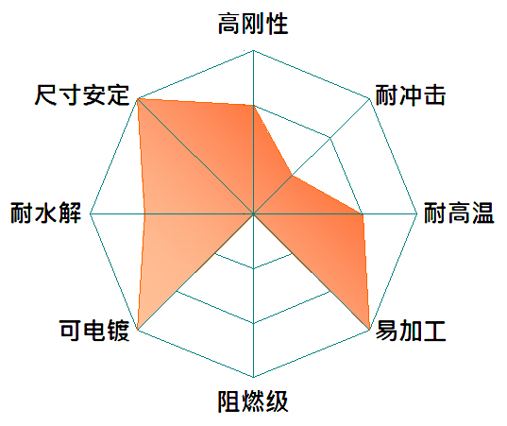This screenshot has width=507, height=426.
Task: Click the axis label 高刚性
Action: [x=253, y=24]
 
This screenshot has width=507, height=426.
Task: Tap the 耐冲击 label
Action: [x=411, y=95]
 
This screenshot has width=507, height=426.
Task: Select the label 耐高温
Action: [x=459, y=213]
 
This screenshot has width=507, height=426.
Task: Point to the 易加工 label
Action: [x=411, y=331]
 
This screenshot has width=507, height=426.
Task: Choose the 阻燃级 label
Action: [x=253, y=401]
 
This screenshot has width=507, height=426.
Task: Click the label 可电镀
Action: [x=94, y=331]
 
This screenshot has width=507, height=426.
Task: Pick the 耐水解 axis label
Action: [x=45, y=213]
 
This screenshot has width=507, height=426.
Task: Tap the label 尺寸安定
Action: [x=82, y=95]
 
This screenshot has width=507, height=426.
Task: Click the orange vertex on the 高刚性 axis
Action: [x=253, y=106]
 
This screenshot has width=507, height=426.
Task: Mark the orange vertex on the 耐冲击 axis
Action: [x=292, y=176]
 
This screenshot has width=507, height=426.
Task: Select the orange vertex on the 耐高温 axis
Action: [x=363, y=214]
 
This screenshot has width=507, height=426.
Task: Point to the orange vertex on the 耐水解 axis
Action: [x=144, y=214]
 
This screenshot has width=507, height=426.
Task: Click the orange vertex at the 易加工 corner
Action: [x=369, y=330]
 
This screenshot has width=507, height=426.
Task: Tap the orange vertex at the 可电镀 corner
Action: [x=138, y=330]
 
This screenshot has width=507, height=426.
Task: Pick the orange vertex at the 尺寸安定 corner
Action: [x=138, y=98]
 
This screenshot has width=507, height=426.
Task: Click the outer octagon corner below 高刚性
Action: [x=253, y=50]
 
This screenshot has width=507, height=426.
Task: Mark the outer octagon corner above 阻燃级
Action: [x=253, y=378]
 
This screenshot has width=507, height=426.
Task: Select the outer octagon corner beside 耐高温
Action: [x=417, y=214]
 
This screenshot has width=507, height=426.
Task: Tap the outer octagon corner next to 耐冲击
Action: [x=369, y=98]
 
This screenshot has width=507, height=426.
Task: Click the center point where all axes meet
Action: [x=253, y=214]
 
